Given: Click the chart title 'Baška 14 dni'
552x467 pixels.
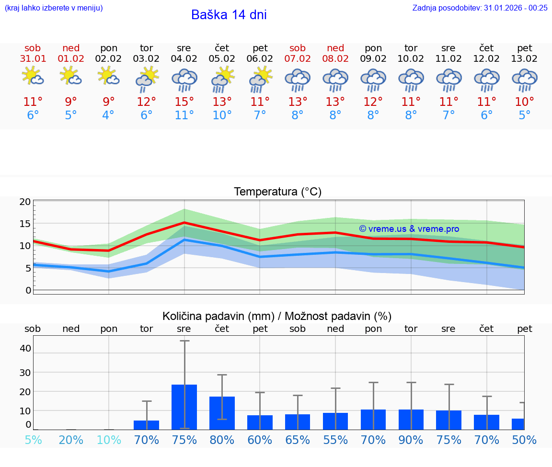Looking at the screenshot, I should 229,15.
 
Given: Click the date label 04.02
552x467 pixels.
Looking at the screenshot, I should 184,59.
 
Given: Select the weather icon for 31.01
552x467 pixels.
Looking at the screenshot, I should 33,77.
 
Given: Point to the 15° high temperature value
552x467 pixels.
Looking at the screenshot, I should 184,102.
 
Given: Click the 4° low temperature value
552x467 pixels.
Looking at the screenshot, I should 108,115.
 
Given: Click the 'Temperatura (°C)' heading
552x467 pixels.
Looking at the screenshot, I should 277,192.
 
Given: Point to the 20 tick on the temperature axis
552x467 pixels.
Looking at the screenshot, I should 25,202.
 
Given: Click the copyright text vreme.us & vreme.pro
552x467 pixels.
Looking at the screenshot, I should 409,229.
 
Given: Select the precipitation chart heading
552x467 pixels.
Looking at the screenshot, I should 277,316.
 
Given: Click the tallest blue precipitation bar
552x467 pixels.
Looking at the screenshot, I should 184,407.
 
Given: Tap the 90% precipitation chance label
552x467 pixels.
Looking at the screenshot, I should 411,440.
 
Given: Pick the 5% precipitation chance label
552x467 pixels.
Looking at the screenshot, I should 33,440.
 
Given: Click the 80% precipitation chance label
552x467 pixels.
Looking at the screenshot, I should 222,440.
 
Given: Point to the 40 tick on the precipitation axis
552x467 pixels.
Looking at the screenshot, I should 25,348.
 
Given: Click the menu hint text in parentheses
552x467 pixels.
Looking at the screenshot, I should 54,8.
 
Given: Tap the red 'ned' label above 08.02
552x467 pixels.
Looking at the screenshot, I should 335,48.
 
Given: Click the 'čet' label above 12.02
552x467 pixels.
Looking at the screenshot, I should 487,48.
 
